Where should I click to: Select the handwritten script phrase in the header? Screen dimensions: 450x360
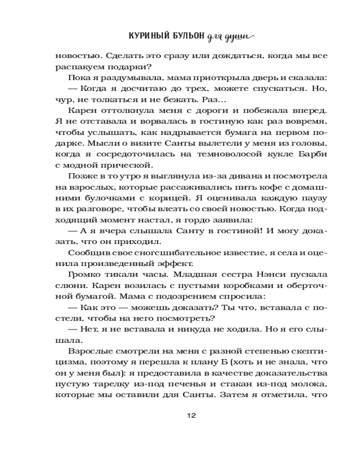[x=230, y=37]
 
